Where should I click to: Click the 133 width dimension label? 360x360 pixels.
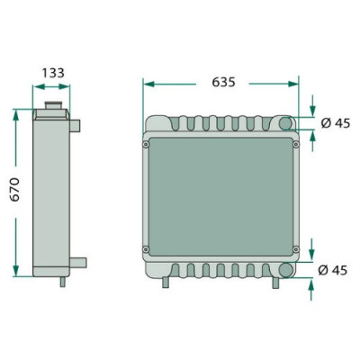(53, 73)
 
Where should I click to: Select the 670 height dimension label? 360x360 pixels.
(14, 189)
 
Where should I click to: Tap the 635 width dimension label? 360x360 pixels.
(223, 82)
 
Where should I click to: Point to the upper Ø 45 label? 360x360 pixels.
(336, 123)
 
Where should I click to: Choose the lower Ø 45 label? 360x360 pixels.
(332, 270)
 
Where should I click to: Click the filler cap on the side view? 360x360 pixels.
(53, 105)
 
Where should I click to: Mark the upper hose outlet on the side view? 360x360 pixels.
(75, 126)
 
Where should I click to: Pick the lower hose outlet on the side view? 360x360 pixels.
(78, 263)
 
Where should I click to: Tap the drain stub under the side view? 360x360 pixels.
(63, 282)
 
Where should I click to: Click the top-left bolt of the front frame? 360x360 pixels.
(146, 145)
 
